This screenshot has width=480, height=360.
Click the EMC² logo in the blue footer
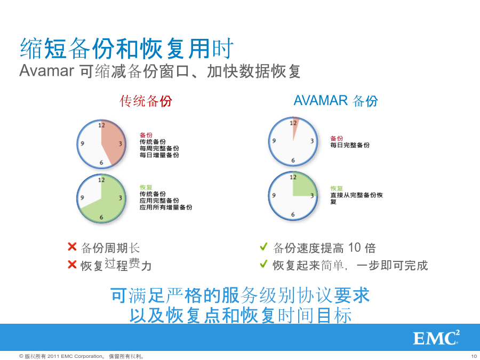pos(436,338)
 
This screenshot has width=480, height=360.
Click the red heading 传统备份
pos(146,101)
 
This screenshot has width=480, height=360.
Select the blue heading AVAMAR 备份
pos(336,101)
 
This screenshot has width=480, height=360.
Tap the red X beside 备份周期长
pos(72,246)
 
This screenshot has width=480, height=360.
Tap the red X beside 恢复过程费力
pos(72,264)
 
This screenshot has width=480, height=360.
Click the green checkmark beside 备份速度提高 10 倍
pos(263,246)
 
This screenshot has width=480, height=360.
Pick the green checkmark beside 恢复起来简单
pos(263,263)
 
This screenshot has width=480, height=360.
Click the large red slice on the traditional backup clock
pos(113,141)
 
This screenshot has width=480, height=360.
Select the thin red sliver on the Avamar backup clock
pos(295,125)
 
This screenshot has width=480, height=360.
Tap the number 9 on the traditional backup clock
pos(82,143)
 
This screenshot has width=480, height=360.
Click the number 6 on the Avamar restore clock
pos(293,214)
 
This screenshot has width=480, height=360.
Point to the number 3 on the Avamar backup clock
pos(312,141)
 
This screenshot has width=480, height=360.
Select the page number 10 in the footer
pos(474,356)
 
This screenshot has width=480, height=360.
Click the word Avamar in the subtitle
pos(46,71)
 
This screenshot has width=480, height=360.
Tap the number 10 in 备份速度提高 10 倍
pos(355,247)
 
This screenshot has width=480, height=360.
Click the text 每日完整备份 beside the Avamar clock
pos(350,145)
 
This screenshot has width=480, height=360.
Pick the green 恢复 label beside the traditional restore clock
pos(146,187)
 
